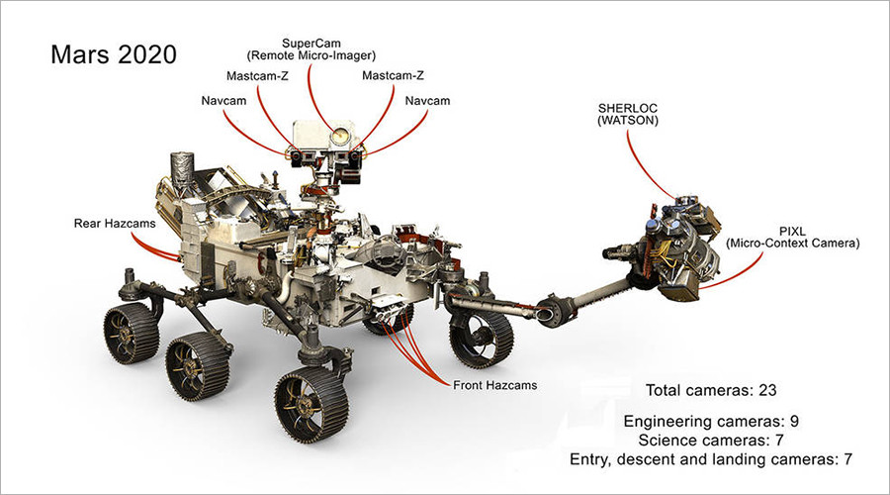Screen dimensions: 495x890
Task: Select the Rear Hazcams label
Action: (115, 224)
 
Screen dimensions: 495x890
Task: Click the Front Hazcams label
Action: (494, 384)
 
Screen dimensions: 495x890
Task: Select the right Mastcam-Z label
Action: (394, 75)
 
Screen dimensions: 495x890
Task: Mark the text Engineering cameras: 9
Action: (711, 421)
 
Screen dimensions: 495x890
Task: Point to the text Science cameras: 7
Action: (711, 440)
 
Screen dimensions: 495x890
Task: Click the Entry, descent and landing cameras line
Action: (711, 459)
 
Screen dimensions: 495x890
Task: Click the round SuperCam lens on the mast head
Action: (341, 133)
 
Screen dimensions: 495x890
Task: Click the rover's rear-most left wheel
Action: (132, 333)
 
